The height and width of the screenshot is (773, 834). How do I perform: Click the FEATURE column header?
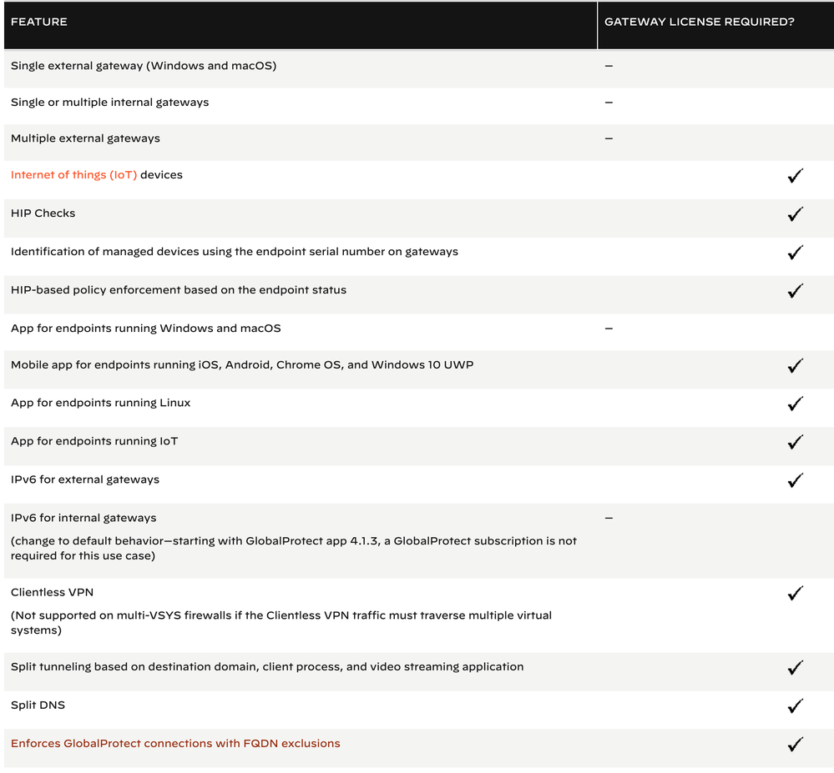pos(39,22)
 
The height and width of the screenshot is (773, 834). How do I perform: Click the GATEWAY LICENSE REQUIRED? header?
pos(699,22)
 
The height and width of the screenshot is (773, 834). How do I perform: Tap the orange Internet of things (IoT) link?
pos(73,175)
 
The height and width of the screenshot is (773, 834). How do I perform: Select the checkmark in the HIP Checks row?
pos(795,214)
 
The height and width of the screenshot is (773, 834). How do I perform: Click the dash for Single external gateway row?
pos(609,65)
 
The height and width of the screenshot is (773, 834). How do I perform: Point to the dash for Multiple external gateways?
pos(609,138)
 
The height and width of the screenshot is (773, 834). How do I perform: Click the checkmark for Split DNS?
pos(795,706)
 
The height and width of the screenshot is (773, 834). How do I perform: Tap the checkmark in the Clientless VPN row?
pos(795,594)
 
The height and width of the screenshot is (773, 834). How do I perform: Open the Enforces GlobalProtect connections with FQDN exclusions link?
pos(175,743)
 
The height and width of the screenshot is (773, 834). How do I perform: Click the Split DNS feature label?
pos(38,705)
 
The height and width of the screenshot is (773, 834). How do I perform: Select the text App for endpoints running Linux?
pos(100,403)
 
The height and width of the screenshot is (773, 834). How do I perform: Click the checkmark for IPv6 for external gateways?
pos(795,480)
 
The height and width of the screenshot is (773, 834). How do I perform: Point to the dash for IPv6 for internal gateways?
pos(609,518)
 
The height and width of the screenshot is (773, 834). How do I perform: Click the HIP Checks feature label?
pos(43,213)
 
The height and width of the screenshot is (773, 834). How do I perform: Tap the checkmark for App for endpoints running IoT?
pos(795,442)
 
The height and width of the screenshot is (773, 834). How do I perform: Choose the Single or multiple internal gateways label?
pos(109,102)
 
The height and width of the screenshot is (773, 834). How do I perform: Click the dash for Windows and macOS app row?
pos(609,329)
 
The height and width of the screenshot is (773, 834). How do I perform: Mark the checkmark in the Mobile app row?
pos(795,366)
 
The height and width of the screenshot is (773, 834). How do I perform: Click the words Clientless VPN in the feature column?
pos(52,592)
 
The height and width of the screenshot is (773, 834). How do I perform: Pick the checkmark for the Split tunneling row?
pos(795,668)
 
